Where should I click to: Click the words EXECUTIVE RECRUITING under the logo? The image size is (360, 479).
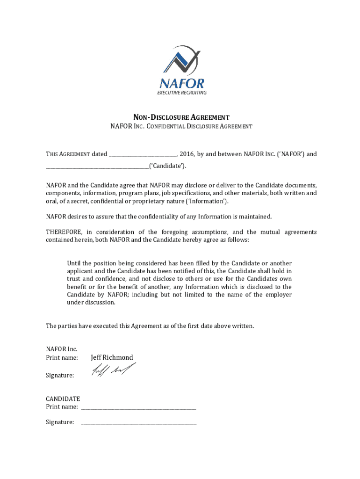181,93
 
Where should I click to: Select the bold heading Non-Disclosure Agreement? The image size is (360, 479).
180,117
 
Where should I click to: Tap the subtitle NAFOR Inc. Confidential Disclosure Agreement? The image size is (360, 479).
181,126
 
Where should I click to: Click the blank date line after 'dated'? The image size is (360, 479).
143,154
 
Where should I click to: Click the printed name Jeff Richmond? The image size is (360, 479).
112,357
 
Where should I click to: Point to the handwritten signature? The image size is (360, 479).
114,371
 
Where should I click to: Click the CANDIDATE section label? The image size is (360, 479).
63,399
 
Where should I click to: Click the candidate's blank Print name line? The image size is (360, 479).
138,408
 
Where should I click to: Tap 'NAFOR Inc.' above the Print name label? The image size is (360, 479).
61,349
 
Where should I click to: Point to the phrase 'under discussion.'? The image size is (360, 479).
91,302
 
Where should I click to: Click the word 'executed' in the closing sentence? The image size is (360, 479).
99,326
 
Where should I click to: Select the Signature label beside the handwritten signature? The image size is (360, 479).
60,376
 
